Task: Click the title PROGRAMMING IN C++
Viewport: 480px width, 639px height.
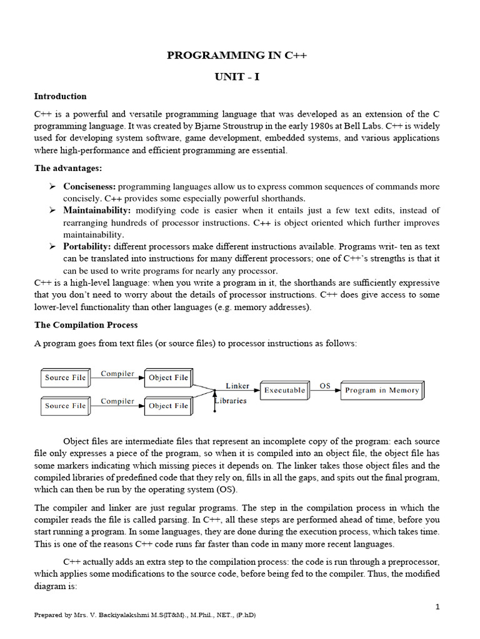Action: (237, 56)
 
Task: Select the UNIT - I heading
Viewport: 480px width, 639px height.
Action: (237, 77)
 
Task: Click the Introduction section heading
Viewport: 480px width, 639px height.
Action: (60, 96)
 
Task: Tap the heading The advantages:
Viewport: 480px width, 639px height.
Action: (68, 168)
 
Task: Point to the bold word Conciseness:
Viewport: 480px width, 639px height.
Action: (89, 187)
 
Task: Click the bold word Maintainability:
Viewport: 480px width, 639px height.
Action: (97, 210)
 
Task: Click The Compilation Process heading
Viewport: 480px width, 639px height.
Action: (86, 325)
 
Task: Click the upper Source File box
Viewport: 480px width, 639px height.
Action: (66, 378)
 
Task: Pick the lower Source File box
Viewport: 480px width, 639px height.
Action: (66, 406)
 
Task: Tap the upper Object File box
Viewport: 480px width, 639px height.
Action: (168, 378)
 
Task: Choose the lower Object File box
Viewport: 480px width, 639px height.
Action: (168, 406)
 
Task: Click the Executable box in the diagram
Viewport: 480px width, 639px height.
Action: (284, 390)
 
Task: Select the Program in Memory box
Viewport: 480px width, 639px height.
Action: (382, 390)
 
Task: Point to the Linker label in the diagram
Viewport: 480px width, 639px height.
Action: (237, 386)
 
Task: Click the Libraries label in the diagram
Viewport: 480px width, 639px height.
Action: (232, 401)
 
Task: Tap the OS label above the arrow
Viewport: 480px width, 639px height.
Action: (325, 386)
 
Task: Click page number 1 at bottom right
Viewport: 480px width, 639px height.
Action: (437, 607)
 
